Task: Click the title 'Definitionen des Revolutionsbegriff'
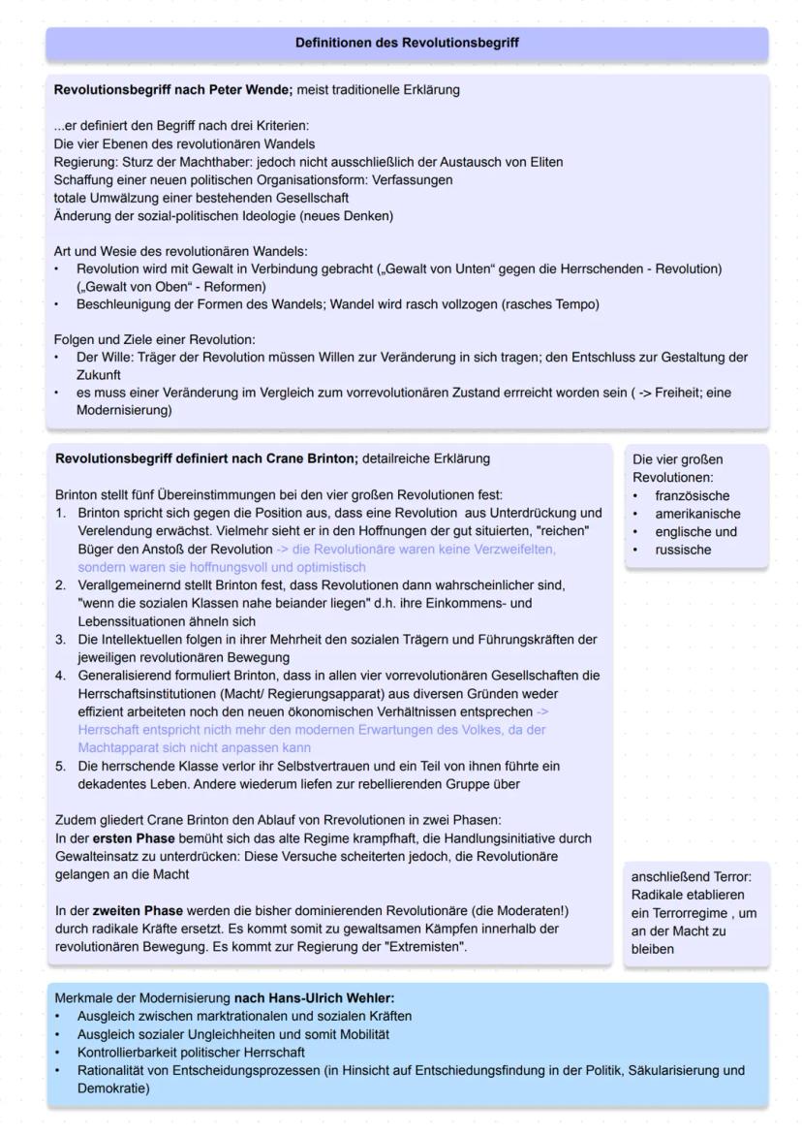pyautogui.click(x=407, y=43)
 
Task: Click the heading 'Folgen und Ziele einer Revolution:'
pyautogui.click(x=154, y=339)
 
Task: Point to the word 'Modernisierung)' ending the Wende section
pyautogui.click(x=124, y=410)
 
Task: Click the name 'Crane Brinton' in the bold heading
pyautogui.click(x=313, y=457)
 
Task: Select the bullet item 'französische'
pyautogui.click(x=692, y=495)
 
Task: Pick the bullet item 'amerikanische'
pyautogui.click(x=697, y=514)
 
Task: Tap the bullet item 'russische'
pyautogui.click(x=683, y=550)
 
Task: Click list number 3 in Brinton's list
pyautogui.click(x=59, y=640)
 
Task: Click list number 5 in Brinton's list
pyautogui.click(x=59, y=766)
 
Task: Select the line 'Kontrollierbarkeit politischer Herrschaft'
pyautogui.click(x=192, y=1052)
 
